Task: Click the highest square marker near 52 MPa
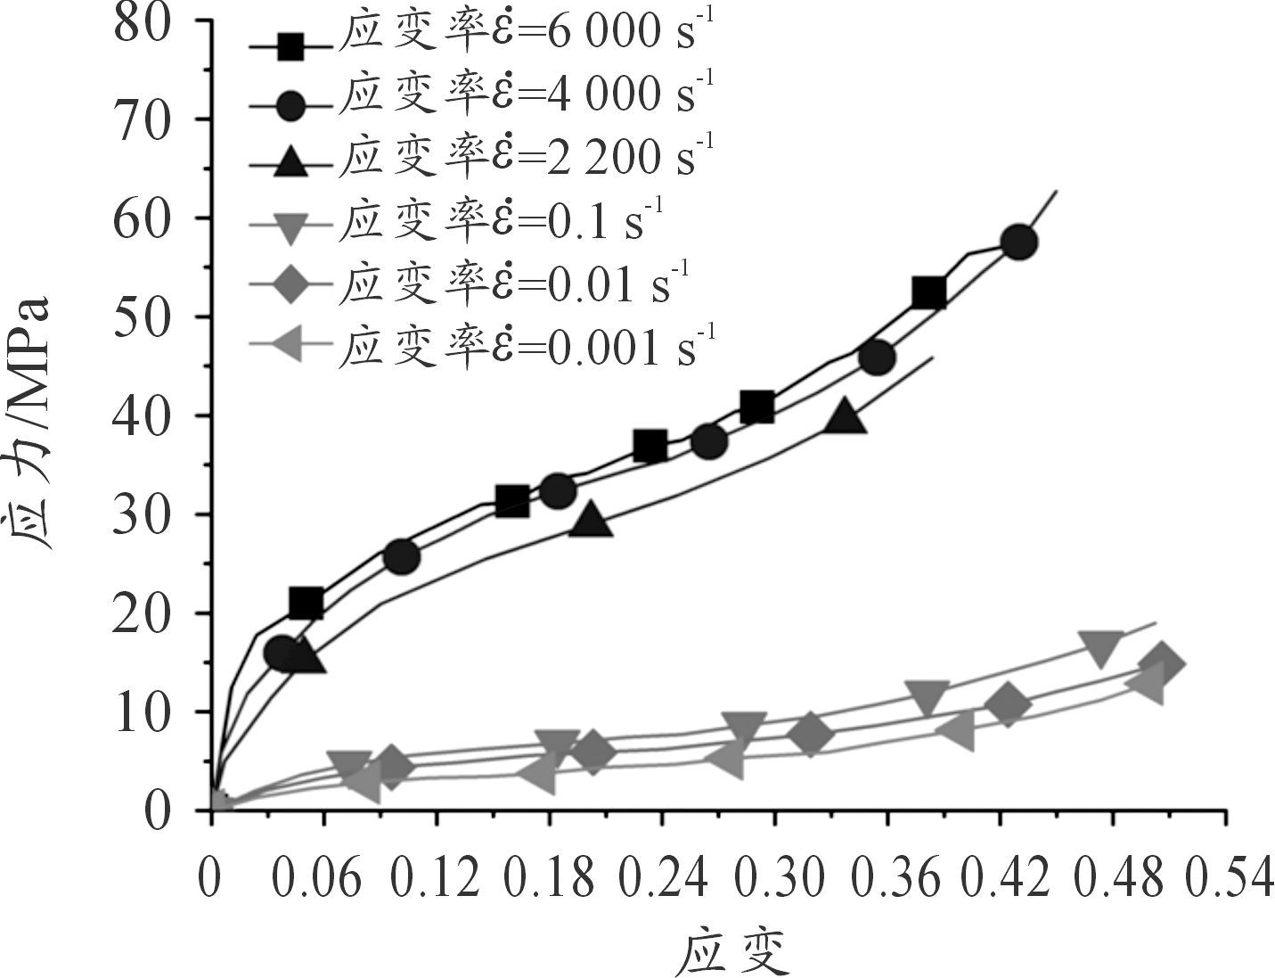click(928, 292)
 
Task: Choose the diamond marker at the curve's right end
click(1161, 663)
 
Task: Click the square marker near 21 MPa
click(306, 604)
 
